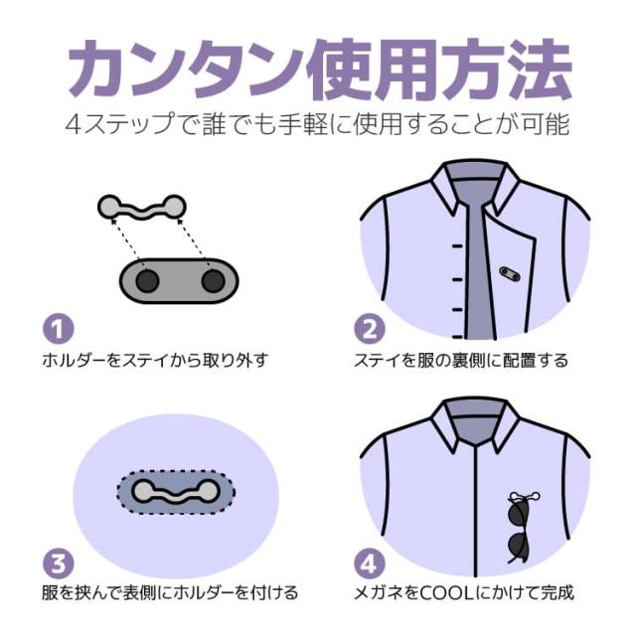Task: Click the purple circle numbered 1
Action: click(59, 328)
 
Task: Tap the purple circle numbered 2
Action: click(370, 328)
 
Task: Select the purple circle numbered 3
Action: click(59, 563)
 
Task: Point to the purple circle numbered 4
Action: click(370, 563)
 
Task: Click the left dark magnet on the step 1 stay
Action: click(147, 281)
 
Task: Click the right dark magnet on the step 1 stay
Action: click(214, 281)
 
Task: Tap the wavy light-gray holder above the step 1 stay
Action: click(142, 208)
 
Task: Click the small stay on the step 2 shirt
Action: click(510, 274)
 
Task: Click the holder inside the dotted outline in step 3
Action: click(176, 492)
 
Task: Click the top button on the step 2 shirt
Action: click(457, 246)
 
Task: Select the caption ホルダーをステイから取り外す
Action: click(155, 360)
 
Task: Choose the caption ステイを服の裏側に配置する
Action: click(461, 360)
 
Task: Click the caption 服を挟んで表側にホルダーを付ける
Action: click(170, 593)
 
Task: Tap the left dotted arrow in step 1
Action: click(126, 239)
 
